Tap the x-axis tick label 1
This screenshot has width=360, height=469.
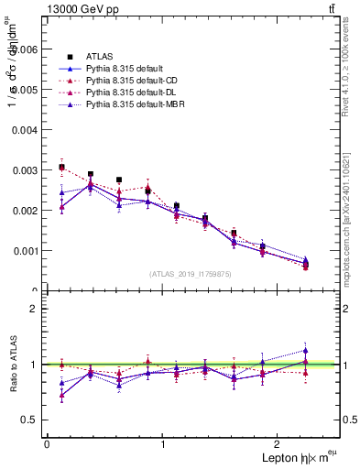(x=163, y=443)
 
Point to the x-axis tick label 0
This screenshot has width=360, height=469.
(x=47, y=443)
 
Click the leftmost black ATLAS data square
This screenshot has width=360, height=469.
(x=61, y=168)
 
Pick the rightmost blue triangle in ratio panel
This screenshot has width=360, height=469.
(x=306, y=350)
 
